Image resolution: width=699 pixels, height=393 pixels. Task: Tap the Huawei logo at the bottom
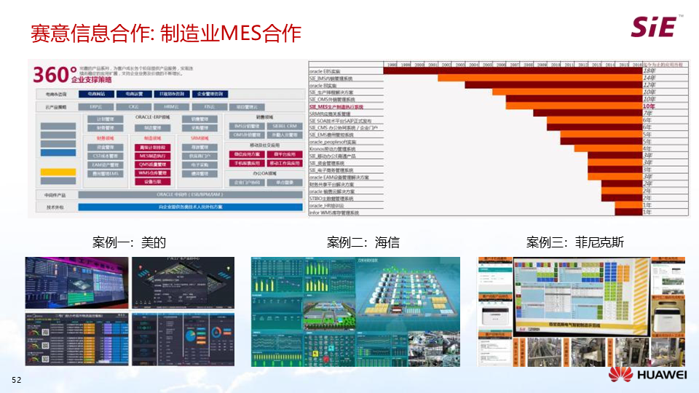[647, 374]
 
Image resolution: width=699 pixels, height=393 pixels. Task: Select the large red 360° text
[55, 74]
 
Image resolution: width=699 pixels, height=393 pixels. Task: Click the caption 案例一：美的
[130, 242]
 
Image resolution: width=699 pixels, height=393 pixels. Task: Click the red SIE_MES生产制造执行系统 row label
[336, 106]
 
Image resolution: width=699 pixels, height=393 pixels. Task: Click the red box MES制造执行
[153, 155]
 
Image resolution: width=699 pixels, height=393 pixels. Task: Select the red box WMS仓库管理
[153, 173]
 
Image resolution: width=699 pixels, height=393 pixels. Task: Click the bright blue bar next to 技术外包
[190, 207]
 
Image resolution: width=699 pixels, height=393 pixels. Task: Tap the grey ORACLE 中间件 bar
[190, 194]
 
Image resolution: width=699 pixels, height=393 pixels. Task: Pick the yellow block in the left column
[58, 173]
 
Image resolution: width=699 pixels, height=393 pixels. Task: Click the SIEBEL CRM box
[285, 127]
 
